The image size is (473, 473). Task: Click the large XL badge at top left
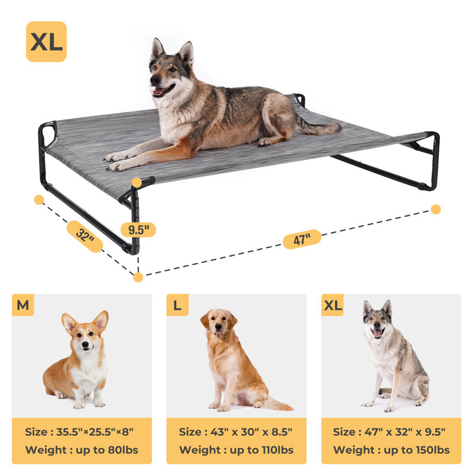tap(46, 42)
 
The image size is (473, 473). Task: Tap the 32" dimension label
tap(85, 237)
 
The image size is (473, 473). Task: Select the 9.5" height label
tap(138, 229)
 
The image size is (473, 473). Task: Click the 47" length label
tap(302, 239)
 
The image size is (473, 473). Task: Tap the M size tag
tap(23, 305)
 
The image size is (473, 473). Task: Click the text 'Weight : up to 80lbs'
tap(82, 450)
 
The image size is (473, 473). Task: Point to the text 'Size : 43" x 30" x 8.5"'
tap(236, 432)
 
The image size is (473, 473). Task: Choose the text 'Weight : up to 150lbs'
tap(391, 450)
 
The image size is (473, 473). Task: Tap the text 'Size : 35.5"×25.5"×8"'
tap(82, 432)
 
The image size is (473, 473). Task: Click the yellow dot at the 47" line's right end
tap(436, 209)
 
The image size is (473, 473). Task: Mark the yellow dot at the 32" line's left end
tap(39, 200)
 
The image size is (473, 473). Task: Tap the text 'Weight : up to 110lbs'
tap(236, 450)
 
